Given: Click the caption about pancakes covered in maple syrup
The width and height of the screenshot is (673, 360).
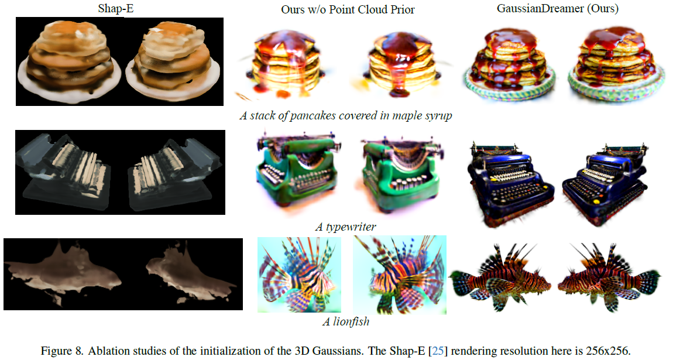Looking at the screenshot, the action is [345, 115].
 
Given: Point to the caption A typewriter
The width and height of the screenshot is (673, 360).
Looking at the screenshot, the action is [345, 227].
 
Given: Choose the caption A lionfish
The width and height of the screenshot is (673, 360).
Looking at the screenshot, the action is [346, 321].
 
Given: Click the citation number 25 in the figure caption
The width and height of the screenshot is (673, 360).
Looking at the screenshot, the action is [436, 351].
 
